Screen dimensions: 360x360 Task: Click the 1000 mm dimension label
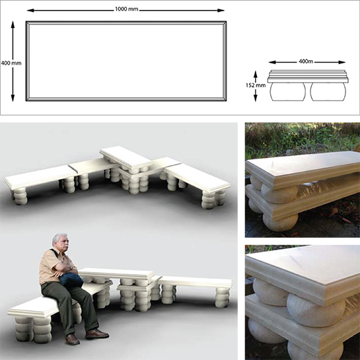[x=127, y=9]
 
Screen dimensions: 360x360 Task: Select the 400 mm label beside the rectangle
[x=11, y=63]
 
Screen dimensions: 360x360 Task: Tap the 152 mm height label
[x=256, y=85]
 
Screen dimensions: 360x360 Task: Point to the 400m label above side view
[x=306, y=61]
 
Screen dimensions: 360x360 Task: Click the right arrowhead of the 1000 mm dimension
[x=221, y=11]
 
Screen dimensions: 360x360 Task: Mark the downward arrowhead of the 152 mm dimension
[x=256, y=98]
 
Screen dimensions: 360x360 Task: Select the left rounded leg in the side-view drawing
[x=288, y=91]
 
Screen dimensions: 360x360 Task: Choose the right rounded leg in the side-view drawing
[x=328, y=91]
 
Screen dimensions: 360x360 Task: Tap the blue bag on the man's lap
[x=71, y=279]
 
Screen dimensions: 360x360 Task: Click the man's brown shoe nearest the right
[x=97, y=334]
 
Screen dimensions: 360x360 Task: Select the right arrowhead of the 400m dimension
[x=342, y=62]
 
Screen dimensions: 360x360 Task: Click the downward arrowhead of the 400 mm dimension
[x=13, y=98]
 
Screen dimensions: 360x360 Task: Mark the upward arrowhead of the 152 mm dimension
[x=256, y=74]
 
